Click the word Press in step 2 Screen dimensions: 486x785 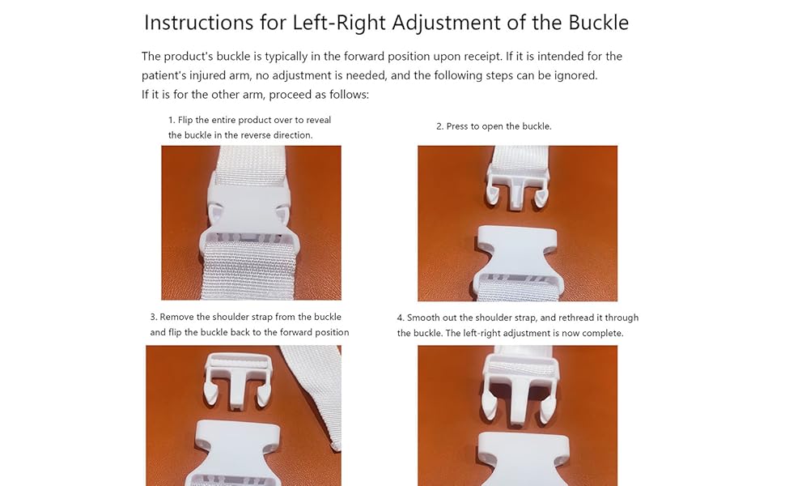(x=458, y=126)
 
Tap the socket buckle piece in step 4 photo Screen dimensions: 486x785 (x=518, y=458)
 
